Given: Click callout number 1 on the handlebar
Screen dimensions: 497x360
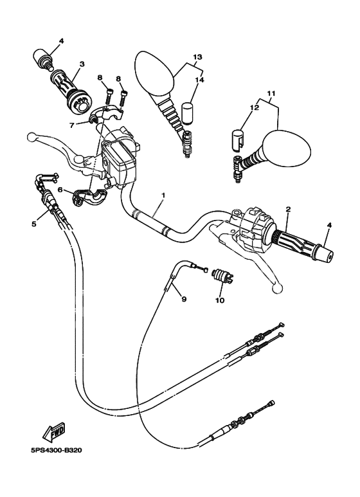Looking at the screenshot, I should (163, 195).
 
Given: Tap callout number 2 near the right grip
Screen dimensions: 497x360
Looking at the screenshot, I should (289, 210).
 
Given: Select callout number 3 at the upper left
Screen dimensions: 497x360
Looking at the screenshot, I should (82, 64).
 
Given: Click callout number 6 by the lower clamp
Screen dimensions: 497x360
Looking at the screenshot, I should (60, 190).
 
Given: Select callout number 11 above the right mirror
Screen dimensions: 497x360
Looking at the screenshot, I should (271, 93).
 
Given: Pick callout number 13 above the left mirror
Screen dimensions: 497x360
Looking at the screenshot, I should (197, 57).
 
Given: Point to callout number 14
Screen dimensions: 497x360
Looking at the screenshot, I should (199, 81).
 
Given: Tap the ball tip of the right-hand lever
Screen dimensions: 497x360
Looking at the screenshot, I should (278, 289).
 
